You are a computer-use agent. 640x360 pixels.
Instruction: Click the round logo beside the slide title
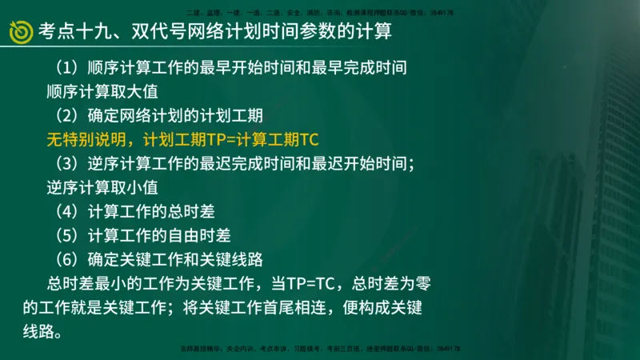click(x=20, y=32)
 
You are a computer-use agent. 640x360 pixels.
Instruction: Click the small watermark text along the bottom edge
click(x=319, y=350)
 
